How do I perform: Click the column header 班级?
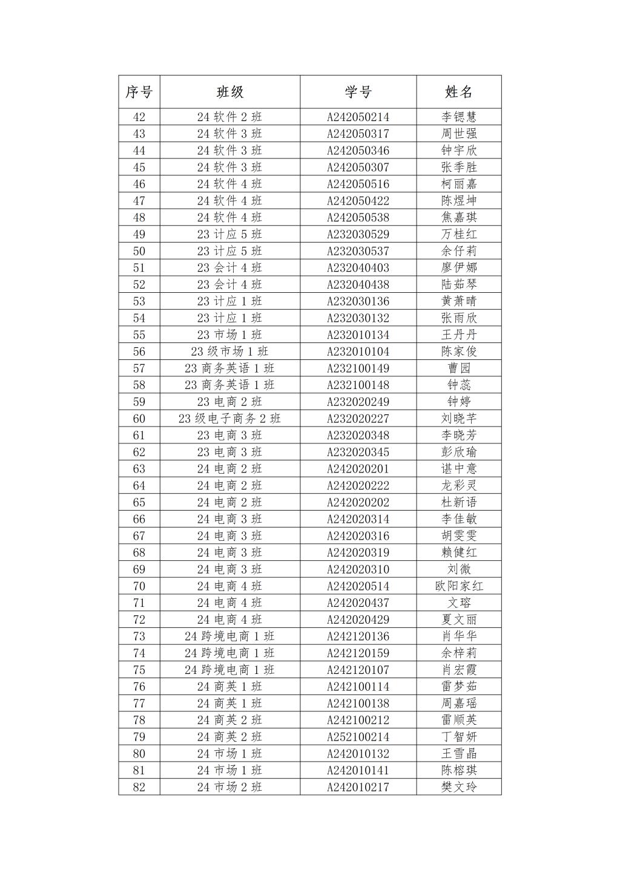(x=229, y=92)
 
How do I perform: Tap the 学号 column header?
(x=358, y=92)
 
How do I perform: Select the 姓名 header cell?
(x=458, y=92)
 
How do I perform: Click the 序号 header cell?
(x=139, y=92)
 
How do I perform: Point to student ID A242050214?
(x=358, y=117)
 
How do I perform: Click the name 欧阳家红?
(x=458, y=586)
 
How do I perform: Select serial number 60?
(x=139, y=419)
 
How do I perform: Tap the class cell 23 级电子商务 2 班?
(x=229, y=419)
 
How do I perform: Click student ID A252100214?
(x=358, y=737)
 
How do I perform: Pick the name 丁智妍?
(x=458, y=737)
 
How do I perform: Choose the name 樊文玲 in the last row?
(x=458, y=787)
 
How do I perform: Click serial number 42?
(x=139, y=117)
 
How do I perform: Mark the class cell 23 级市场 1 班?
(x=229, y=351)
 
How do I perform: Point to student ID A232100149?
(x=358, y=368)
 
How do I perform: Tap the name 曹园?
(x=458, y=368)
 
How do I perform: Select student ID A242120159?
(x=358, y=653)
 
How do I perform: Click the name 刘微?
(x=458, y=569)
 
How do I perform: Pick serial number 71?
(x=139, y=603)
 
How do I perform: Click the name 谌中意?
(x=458, y=469)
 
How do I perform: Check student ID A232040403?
(x=358, y=267)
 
